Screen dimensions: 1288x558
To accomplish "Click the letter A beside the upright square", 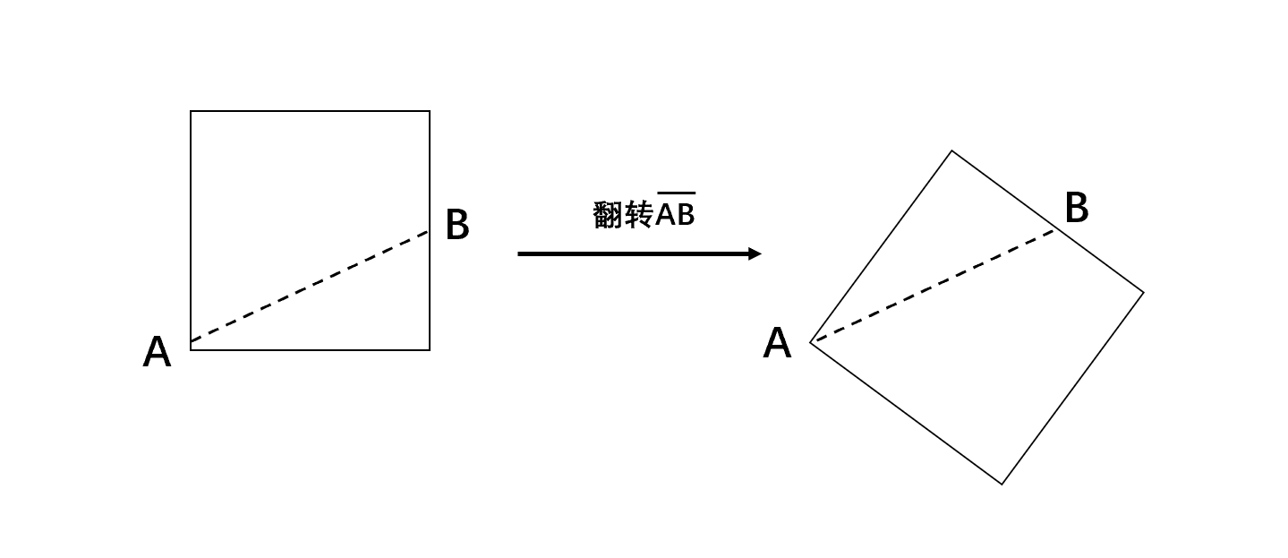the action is pos(157,352).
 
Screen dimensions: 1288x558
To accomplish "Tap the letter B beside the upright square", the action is pos(457,224).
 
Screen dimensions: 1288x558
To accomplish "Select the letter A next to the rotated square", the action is pos(777,343).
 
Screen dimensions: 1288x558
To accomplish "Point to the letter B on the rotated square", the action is pos(1077,207).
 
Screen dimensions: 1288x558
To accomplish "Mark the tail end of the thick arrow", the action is pos(518,253).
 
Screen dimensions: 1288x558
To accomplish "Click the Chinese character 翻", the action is pos(609,215).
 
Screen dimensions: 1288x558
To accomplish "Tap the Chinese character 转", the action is pos(639,215).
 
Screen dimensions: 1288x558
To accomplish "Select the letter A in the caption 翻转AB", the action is pos(665,215).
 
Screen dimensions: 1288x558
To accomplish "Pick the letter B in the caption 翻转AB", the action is pos(686,215).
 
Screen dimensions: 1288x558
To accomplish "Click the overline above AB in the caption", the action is pos(676,193).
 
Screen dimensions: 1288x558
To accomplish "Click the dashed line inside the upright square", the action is pos(310,287).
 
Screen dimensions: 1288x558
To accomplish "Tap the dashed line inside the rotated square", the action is pos(935,286).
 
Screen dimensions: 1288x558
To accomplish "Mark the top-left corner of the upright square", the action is pos(191,111).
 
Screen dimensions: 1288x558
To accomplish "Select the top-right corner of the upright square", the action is pos(430,111).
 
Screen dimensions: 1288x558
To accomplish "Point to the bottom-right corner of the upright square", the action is pos(430,349).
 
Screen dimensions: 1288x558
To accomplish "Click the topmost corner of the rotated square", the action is pos(951,150).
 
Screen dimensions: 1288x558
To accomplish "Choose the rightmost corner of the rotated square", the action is pos(1144,293).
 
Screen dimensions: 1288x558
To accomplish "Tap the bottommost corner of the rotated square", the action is pos(1002,485).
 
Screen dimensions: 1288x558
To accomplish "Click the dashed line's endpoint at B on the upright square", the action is pos(429,231).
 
